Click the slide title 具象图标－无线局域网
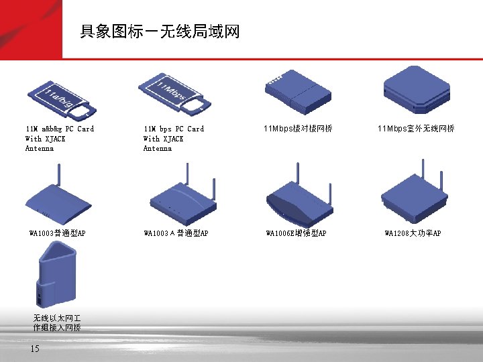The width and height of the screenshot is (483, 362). point(159,32)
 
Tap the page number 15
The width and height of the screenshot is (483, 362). point(35,348)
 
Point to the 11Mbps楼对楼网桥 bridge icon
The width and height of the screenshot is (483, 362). point(299,95)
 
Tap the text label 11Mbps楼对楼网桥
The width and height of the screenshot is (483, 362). point(298,128)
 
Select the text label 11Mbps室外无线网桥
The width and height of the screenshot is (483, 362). point(416,128)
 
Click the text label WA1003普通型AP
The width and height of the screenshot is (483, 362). point(58,233)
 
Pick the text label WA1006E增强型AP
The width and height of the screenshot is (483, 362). point(296,233)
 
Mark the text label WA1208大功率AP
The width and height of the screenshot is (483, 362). point(413,233)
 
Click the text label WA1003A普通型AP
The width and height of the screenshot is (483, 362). point(176,233)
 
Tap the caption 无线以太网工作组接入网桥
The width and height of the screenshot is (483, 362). point(57,323)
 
